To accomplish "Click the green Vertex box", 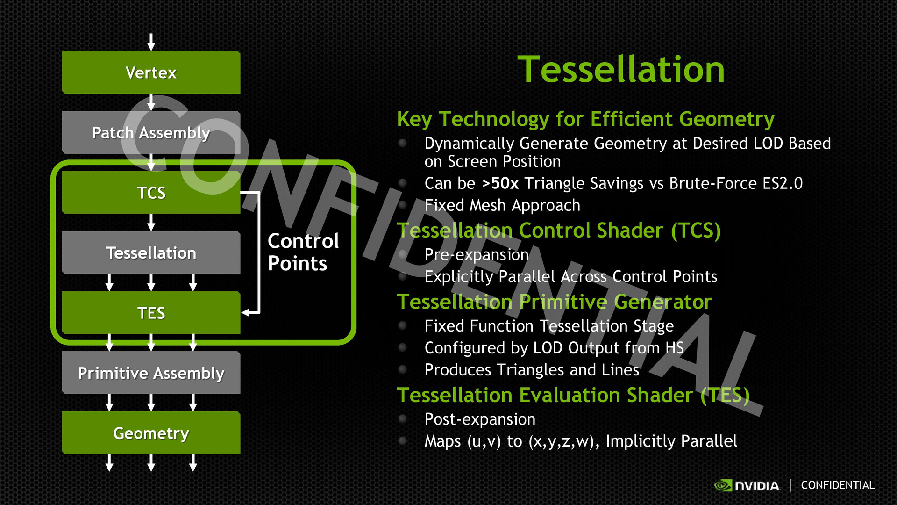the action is [151, 72].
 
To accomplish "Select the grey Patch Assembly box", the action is [151, 132].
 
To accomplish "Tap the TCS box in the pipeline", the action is [151, 193].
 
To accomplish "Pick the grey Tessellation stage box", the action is [151, 252].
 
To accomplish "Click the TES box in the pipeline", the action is [151, 313].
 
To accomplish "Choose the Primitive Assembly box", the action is [151, 373].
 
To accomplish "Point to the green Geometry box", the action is [151, 433].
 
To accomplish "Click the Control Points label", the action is [303, 252].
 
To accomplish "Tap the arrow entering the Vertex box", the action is [151, 42].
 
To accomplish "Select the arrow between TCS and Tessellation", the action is [151, 223].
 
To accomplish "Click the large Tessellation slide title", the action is [621, 69].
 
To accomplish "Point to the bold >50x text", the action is [500, 183].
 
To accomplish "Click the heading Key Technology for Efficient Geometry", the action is [585, 119].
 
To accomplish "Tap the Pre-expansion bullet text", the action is [477, 254].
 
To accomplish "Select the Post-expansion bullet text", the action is [480, 419].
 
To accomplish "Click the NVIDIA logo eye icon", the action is [723, 485].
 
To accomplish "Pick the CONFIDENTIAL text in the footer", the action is [838, 485].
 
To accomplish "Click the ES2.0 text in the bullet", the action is [783, 183].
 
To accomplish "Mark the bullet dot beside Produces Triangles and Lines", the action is [402, 369].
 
